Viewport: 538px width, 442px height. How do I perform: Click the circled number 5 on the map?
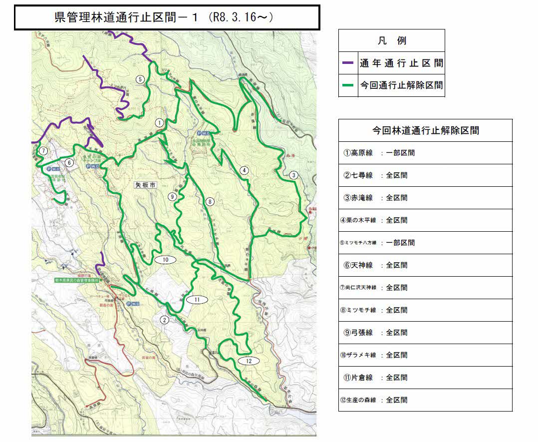point(140,79)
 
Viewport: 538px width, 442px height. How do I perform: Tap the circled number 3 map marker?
point(293,175)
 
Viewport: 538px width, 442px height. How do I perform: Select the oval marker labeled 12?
point(249,361)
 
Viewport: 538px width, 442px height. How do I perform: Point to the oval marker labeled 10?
point(165,259)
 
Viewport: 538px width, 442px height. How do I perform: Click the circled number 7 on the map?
point(43,150)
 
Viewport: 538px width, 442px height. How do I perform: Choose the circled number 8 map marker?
point(210,202)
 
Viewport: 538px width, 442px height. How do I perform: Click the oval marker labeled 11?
point(197,299)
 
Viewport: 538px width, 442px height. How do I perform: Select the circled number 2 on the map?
point(164,320)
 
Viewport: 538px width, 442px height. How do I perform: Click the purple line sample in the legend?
point(348,64)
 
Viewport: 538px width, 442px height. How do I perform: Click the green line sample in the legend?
point(348,85)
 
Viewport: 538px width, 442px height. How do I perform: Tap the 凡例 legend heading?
point(391,40)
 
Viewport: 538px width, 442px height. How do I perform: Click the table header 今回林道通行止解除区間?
point(425,131)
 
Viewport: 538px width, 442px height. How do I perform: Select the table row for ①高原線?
point(425,153)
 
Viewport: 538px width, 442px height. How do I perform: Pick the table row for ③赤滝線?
point(425,198)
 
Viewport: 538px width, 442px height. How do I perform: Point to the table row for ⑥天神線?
point(425,265)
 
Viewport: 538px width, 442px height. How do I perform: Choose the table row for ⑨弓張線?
point(425,333)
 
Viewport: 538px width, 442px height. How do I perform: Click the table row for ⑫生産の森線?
point(425,400)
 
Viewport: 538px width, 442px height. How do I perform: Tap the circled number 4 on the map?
point(244,170)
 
